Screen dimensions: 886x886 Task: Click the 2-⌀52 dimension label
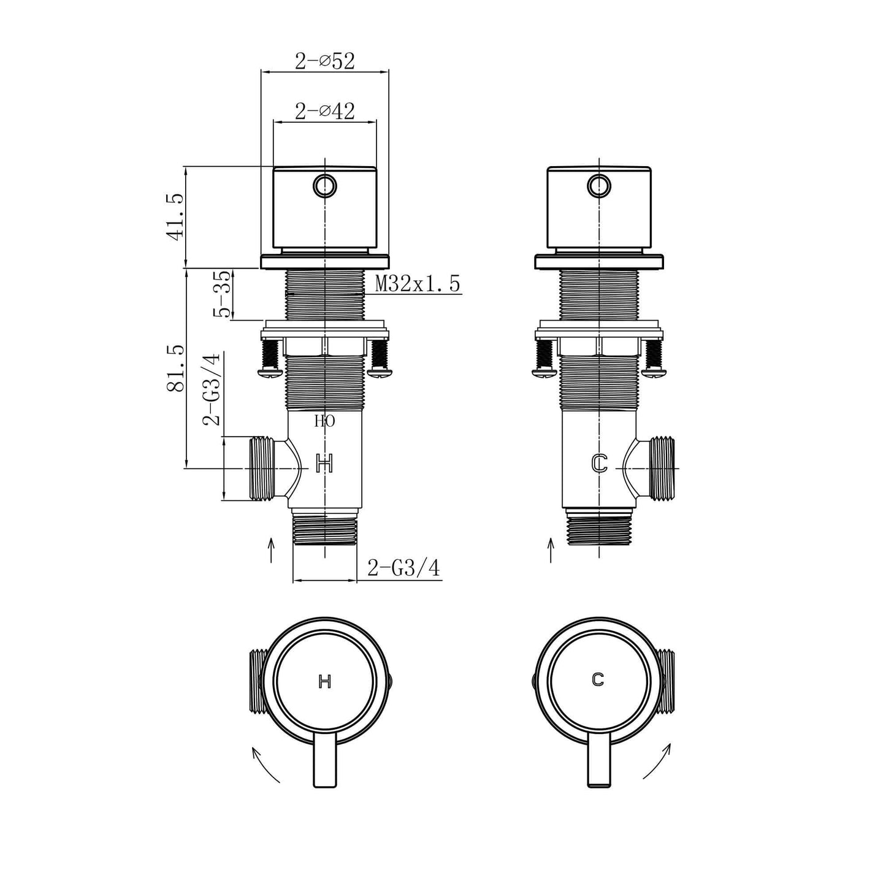click(x=324, y=61)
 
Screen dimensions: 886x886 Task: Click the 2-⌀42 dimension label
click(x=324, y=111)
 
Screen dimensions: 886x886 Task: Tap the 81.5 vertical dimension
click(x=175, y=368)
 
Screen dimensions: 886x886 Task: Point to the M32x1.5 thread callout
click(x=417, y=284)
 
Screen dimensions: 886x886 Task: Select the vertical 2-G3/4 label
click(x=212, y=389)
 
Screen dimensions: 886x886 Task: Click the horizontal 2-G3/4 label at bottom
click(x=403, y=568)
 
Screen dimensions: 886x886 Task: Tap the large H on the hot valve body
click(x=324, y=464)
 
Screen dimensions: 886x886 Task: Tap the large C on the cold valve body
click(x=599, y=464)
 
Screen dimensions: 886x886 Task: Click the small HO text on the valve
click(x=324, y=421)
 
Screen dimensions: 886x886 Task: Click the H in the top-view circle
click(x=325, y=681)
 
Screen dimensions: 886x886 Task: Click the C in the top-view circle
click(x=598, y=679)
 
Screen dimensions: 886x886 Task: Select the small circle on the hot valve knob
click(x=324, y=185)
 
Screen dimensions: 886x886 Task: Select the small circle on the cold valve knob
click(x=598, y=185)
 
